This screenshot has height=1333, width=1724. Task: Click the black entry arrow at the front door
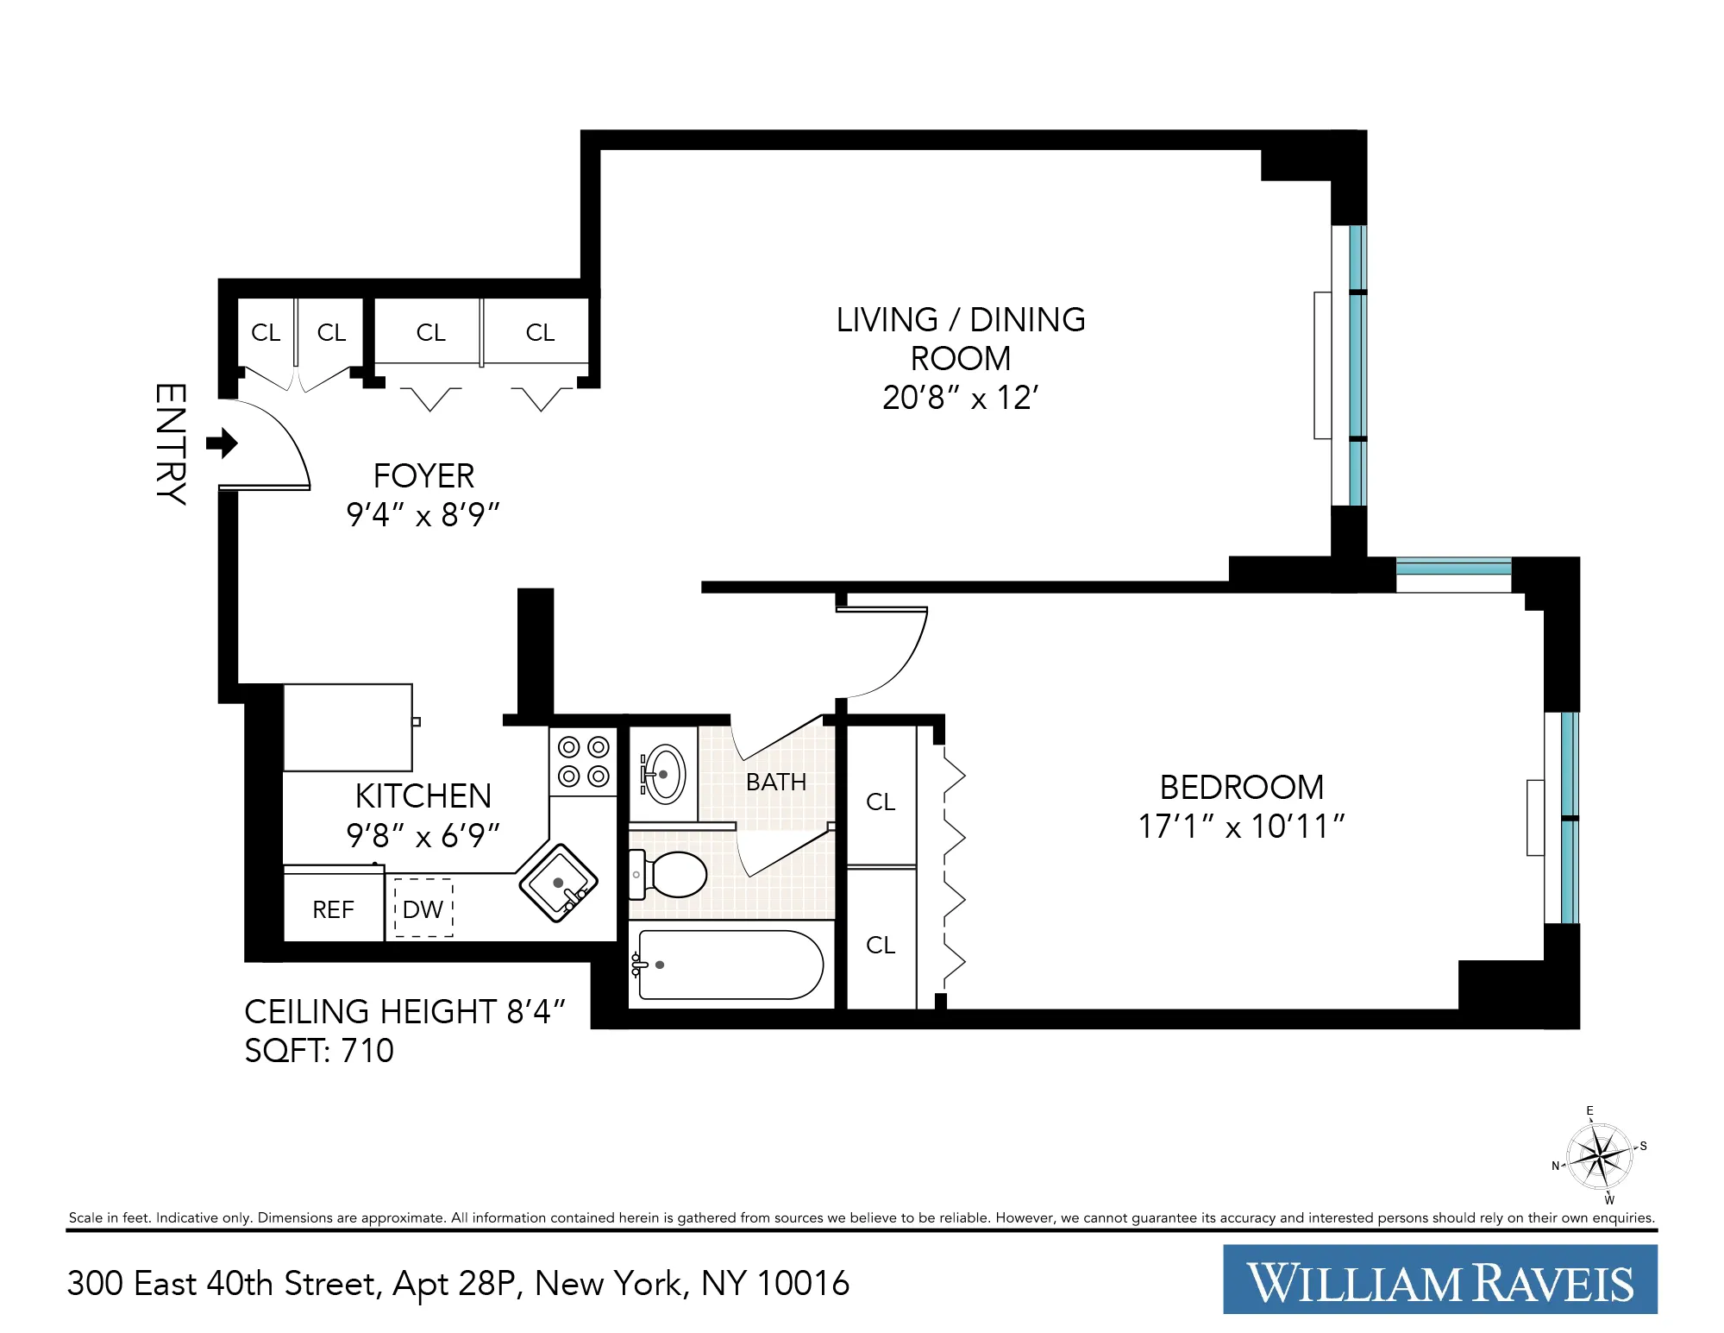tap(223, 443)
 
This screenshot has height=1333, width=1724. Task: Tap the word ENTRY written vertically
tap(171, 443)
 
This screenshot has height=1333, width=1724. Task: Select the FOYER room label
tap(423, 475)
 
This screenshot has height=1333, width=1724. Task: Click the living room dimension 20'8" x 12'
tap(960, 398)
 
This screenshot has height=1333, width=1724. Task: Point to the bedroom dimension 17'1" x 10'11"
tap(1241, 827)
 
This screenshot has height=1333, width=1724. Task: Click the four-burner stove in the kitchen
tap(584, 761)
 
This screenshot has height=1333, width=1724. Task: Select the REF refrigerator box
tap(334, 909)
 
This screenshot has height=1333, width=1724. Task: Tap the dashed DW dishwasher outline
tap(423, 909)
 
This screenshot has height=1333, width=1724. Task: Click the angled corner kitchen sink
tap(559, 883)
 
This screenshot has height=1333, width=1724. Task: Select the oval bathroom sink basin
tap(665, 774)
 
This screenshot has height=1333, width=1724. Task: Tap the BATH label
tap(775, 782)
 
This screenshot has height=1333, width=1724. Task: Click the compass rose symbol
tap(1599, 1155)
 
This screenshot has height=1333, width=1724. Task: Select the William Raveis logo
tap(1439, 1280)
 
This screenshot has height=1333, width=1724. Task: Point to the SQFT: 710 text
tap(319, 1050)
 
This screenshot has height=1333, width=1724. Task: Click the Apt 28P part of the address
tap(455, 1284)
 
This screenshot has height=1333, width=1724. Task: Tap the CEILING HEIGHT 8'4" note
tap(404, 1011)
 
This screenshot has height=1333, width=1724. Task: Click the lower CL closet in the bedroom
tap(881, 945)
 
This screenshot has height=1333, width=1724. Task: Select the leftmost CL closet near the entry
tap(266, 333)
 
